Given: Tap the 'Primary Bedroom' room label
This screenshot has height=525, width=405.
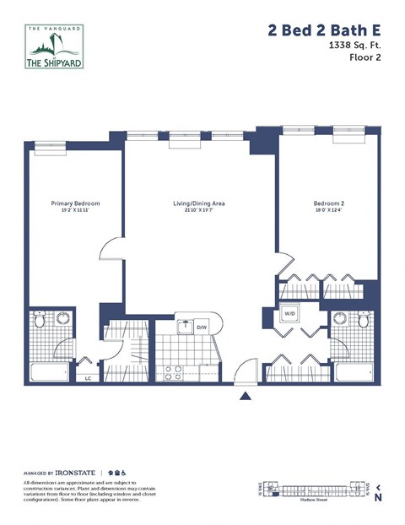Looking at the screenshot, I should tap(75, 203).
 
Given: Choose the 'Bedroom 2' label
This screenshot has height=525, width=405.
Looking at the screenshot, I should tap(329, 203).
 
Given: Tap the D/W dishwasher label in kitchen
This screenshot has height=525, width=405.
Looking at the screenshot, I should tap(202, 327).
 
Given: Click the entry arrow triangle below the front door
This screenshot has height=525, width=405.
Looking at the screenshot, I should tap(245, 395).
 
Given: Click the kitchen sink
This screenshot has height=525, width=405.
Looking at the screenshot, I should tap(184, 327).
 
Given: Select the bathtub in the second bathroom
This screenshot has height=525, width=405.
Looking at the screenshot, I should tap(354, 372).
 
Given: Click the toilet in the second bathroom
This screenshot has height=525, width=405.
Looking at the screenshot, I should tap(364, 322).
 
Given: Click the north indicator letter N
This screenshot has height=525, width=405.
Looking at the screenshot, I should tap(380, 497).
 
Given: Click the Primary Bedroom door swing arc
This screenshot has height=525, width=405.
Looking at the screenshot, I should tap(110, 250).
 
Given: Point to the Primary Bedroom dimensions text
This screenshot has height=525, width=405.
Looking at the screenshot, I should tap(75, 211).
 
